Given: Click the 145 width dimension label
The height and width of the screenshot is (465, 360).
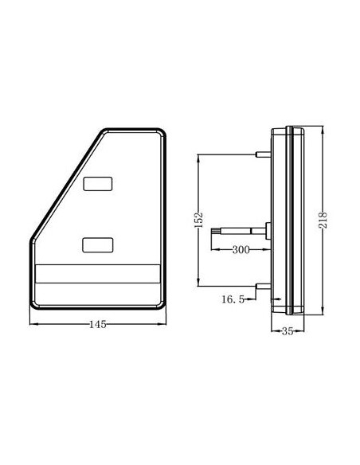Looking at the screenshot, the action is click(x=97, y=324).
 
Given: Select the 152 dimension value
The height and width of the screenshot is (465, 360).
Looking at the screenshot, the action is click(x=198, y=220).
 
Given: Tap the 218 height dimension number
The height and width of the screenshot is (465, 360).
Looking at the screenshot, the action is click(x=323, y=220).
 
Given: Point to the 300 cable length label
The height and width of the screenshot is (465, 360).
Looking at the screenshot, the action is click(x=241, y=250).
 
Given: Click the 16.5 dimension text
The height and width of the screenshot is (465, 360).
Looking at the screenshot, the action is click(x=233, y=299).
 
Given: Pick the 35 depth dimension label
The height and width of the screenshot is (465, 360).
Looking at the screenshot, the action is click(x=288, y=331).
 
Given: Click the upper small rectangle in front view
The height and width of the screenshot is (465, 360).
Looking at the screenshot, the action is click(x=98, y=184).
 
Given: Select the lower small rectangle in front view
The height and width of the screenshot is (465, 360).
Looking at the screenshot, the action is click(x=97, y=245).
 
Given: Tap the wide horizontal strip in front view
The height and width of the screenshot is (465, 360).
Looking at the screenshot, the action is click(x=98, y=274).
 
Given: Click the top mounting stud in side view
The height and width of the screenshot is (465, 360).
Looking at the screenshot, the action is click(x=263, y=154).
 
